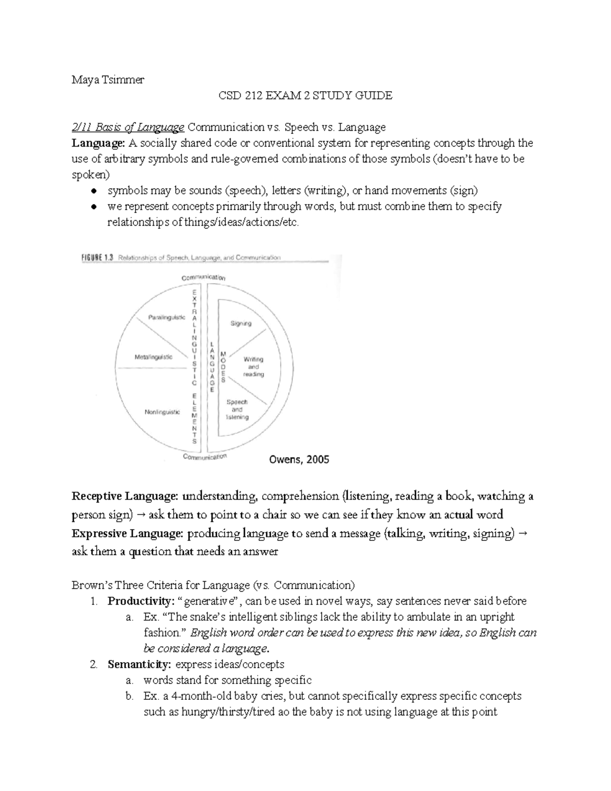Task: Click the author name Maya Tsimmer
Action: (107, 79)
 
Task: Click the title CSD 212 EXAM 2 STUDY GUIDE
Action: (305, 95)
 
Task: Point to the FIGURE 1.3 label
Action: (98, 258)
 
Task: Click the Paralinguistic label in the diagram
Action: (166, 317)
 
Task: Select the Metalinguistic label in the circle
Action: (153, 357)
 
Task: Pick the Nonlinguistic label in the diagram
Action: (162, 412)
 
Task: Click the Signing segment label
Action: (241, 323)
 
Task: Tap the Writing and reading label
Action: (253, 367)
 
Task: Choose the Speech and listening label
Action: (237, 410)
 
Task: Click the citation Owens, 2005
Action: (298, 459)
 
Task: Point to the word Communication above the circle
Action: (204, 278)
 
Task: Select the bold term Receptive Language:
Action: (125, 496)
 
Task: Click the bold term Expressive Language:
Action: (127, 534)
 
